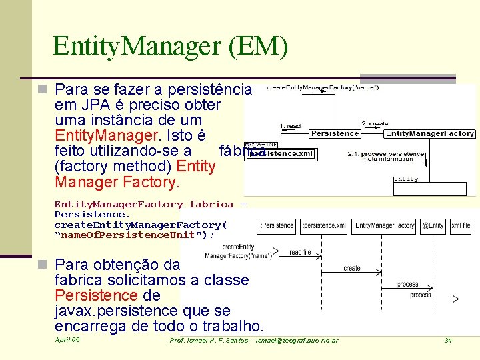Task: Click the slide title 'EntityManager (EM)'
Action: click(x=170, y=46)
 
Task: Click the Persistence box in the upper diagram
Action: click(x=335, y=134)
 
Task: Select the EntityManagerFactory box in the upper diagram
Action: click(x=430, y=134)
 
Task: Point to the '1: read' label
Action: click(x=291, y=125)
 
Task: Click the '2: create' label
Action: click(x=374, y=123)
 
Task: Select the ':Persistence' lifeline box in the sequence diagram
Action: click(x=277, y=226)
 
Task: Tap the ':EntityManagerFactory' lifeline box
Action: click(x=385, y=226)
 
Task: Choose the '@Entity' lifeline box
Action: click(x=433, y=226)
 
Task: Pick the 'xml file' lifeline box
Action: click(x=461, y=226)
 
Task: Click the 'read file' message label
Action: click(x=300, y=253)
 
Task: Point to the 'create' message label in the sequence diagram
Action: click(x=352, y=268)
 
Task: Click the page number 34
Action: click(x=448, y=341)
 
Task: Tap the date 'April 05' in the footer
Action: click(x=67, y=340)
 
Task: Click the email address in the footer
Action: click(x=297, y=341)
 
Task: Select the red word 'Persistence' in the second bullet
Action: click(x=95, y=295)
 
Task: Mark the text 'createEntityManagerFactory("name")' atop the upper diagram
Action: click(x=323, y=87)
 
